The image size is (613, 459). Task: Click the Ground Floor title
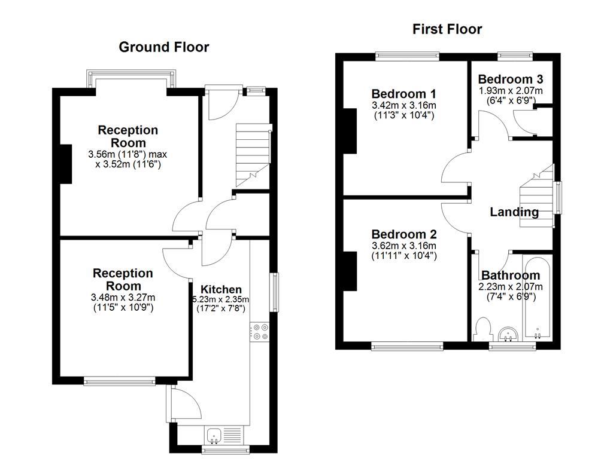pyautogui.click(x=163, y=47)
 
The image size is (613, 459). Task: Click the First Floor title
pyautogui.click(x=447, y=29)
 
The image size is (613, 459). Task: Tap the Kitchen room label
pyautogui.click(x=221, y=289)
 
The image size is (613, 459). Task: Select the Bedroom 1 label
pyautogui.click(x=403, y=94)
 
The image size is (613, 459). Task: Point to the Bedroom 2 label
pyautogui.click(x=403, y=234)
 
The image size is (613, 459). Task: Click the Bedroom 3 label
pyautogui.click(x=511, y=79)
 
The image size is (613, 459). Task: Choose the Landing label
pyautogui.click(x=514, y=212)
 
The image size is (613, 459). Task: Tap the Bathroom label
pyautogui.click(x=510, y=276)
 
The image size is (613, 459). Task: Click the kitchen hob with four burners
pyautogui.click(x=260, y=332)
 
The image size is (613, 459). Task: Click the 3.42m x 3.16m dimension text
pyautogui.click(x=403, y=105)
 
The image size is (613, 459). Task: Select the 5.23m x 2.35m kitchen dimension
pyautogui.click(x=221, y=299)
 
